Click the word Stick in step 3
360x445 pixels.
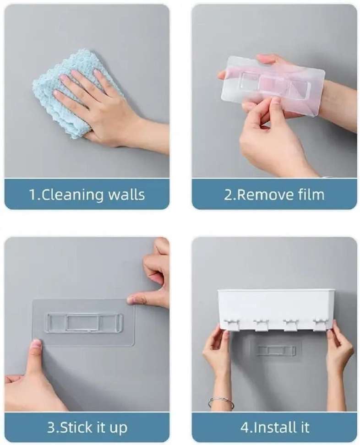76,427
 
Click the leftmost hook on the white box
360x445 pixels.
232,324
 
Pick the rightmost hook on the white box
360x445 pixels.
321,324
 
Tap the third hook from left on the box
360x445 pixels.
291,325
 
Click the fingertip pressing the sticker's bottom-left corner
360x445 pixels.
37,343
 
